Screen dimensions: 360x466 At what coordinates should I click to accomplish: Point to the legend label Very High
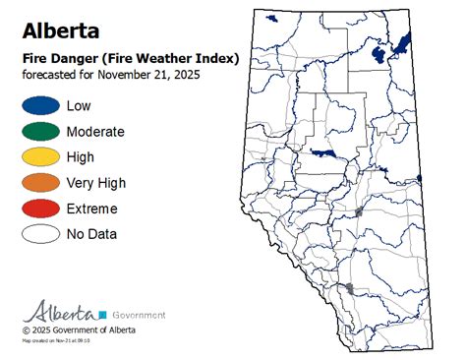[96, 183]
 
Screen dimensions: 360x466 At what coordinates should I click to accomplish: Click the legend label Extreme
[92, 209]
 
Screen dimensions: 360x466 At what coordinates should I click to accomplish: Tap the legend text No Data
[91, 234]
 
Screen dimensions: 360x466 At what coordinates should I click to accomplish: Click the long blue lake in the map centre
[323, 153]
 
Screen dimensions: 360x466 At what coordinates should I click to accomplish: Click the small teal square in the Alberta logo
[101, 314]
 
